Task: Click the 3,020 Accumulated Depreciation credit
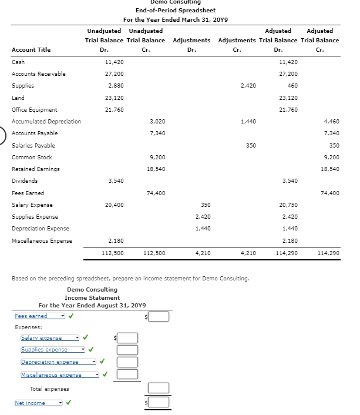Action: pos(157,121)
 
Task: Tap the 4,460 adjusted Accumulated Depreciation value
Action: pos(331,121)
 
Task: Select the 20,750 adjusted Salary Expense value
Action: pos(289,205)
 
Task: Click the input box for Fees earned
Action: pos(159,317)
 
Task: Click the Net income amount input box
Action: pos(159,403)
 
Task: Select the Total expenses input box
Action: pos(159,388)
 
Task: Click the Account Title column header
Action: pos(31,49)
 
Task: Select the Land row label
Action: pos(18,98)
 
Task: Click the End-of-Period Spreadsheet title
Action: pos(175,10)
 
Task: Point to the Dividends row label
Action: pos(25,181)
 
